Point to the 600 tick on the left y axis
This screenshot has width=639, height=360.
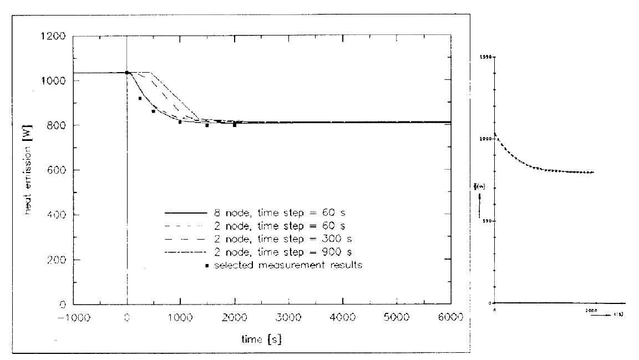[58, 170]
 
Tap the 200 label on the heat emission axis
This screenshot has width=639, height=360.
[58, 260]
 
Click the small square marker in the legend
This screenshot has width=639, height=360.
[207, 265]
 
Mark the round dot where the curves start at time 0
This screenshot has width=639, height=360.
[127, 73]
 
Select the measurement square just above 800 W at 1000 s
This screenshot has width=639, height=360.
[180, 121]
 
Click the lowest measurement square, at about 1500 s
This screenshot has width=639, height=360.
[207, 125]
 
